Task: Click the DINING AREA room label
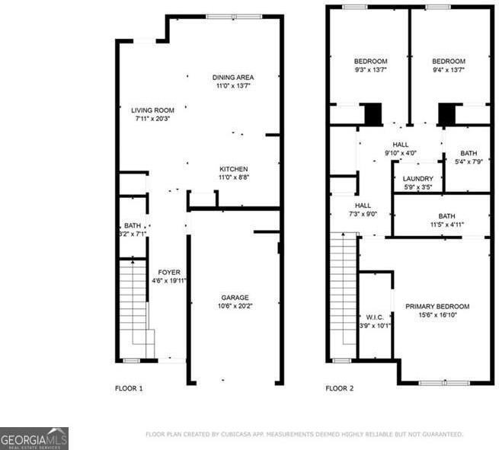(x=233, y=77)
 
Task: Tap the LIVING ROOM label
(x=153, y=110)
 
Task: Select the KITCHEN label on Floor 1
(x=234, y=169)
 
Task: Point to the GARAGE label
(x=235, y=298)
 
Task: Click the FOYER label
(x=169, y=272)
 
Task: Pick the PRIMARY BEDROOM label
(x=437, y=306)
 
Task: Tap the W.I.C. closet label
(x=374, y=318)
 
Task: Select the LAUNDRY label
(x=417, y=178)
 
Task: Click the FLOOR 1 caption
(x=129, y=388)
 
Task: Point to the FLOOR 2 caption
(x=340, y=388)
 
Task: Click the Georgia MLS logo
(x=34, y=438)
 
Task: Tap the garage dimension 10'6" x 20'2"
(x=235, y=307)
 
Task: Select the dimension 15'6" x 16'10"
(x=437, y=315)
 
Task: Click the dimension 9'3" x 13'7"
(x=370, y=70)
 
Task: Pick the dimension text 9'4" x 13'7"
(x=449, y=70)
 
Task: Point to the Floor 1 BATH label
(x=133, y=225)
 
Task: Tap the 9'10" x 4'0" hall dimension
(x=400, y=153)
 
